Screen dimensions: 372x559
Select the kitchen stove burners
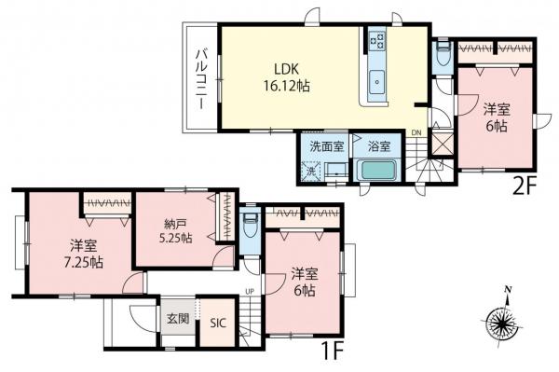click(379, 41)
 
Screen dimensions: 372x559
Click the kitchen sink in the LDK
click(377, 81)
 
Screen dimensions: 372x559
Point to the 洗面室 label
click(326, 146)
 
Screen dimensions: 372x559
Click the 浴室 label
click(378, 146)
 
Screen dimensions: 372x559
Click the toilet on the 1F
click(248, 227)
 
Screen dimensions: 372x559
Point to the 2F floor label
click(524, 184)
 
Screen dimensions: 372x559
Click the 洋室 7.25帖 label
click(84, 254)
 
